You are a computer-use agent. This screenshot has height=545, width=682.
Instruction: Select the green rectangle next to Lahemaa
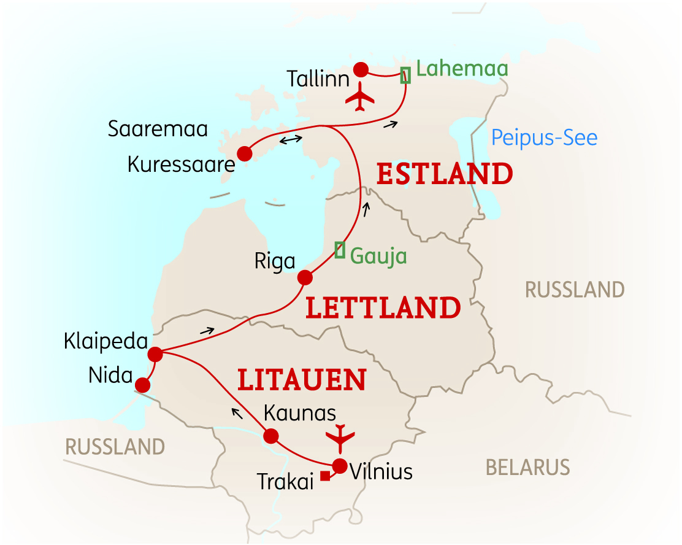[405, 75]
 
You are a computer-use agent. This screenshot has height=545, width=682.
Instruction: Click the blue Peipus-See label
[544, 137]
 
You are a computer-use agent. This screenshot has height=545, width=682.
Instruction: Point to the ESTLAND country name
[445, 174]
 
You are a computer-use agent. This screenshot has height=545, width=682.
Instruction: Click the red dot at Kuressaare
[244, 153]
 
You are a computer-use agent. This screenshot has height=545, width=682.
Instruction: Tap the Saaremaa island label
[158, 129]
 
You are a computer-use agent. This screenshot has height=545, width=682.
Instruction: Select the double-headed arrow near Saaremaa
[291, 140]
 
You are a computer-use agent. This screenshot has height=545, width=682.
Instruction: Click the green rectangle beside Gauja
[340, 250]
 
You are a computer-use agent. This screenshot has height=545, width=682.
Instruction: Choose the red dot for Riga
[304, 278]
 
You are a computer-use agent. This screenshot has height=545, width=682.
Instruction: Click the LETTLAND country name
[383, 308]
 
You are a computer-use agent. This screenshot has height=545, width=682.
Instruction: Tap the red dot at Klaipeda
[155, 354]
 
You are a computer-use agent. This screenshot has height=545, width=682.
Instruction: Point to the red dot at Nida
[142, 385]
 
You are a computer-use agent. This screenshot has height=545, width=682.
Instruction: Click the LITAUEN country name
[302, 381]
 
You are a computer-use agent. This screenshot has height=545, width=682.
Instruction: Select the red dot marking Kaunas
[270, 436]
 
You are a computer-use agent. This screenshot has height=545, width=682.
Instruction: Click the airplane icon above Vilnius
[340, 438]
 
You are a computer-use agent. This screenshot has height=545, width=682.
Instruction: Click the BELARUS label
[527, 468]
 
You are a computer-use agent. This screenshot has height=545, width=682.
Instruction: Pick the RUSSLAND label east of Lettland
[575, 289]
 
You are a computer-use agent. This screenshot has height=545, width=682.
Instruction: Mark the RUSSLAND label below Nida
[115, 446]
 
